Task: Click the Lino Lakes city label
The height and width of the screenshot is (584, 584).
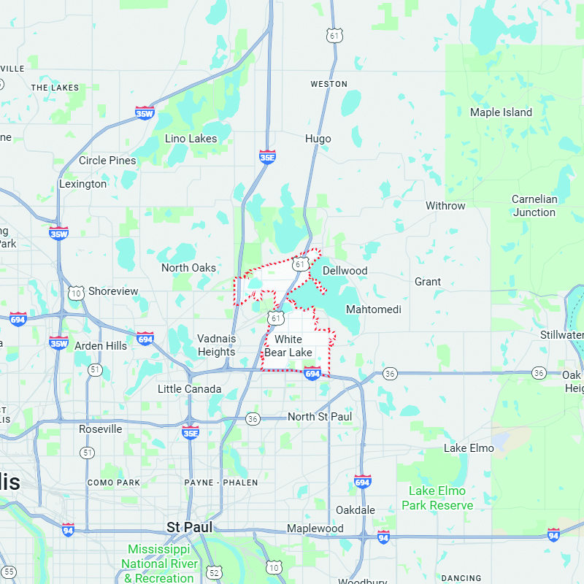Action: point(191,139)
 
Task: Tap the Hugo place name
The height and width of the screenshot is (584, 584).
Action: point(318,139)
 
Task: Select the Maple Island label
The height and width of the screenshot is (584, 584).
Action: point(501,112)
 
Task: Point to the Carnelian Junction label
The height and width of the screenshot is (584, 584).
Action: point(534,206)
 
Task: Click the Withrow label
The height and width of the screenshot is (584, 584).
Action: point(445,206)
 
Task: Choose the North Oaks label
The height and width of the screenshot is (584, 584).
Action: point(188,268)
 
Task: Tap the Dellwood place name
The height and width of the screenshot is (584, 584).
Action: point(345,271)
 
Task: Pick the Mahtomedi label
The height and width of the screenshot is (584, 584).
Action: point(374,310)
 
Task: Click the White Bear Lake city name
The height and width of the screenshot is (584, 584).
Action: point(288,346)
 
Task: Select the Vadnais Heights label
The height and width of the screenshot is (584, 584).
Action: point(216,345)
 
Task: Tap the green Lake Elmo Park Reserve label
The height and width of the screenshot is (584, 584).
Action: point(437,498)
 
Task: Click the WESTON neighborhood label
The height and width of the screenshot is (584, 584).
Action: point(328,84)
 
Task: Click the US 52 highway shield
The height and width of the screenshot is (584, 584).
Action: point(213,571)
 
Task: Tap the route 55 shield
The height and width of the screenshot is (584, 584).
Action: point(9,571)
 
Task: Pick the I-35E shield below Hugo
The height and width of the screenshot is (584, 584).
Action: point(268,157)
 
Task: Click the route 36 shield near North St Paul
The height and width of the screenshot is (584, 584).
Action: point(253,418)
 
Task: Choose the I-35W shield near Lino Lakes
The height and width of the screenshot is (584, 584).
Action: point(145,113)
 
